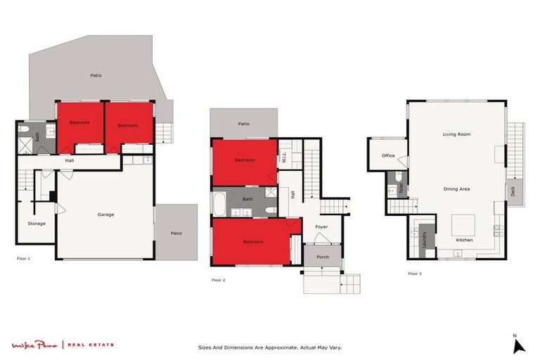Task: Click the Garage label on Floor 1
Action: coord(105,214)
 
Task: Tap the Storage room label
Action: coord(37,224)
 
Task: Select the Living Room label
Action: coord(456,134)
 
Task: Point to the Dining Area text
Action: coord(456,188)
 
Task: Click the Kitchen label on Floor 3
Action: coord(464,240)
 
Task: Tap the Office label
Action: coord(388,155)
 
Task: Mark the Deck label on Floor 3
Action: coord(513,189)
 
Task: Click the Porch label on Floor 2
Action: coord(323,257)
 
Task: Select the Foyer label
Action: coord(321,226)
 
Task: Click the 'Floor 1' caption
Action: coord(23,259)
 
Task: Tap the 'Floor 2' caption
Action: coord(219,280)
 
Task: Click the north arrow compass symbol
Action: coord(519,345)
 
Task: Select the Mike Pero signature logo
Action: coord(35,345)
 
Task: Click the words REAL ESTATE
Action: coord(91,345)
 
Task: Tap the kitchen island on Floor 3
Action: coord(464,224)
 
